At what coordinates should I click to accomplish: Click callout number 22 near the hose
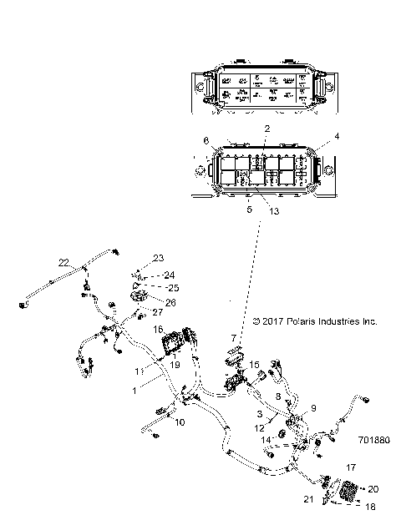(x=63, y=262)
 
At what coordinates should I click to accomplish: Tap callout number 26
(x=171, y=302)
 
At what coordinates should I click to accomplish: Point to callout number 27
(x=156, y=311)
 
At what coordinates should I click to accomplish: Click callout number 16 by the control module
(x=157, y=330)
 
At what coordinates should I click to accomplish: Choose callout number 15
(x=256, y=365)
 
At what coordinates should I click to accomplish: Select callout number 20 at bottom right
(x=373, y=489)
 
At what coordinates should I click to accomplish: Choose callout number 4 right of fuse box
(x=338, y=135)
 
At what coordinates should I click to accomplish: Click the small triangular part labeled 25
(x=137, y=285)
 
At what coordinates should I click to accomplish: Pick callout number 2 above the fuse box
(x=266, y=128)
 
